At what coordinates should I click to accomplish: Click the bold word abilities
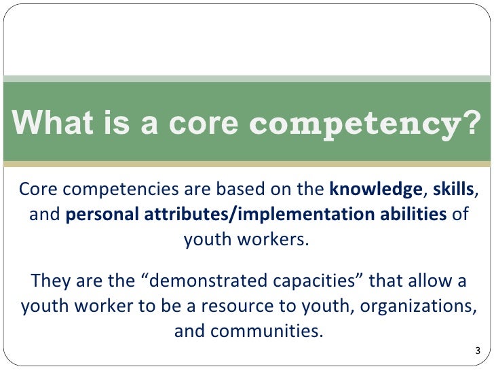click(416, 215)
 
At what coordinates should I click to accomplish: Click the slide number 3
click(478, 351)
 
